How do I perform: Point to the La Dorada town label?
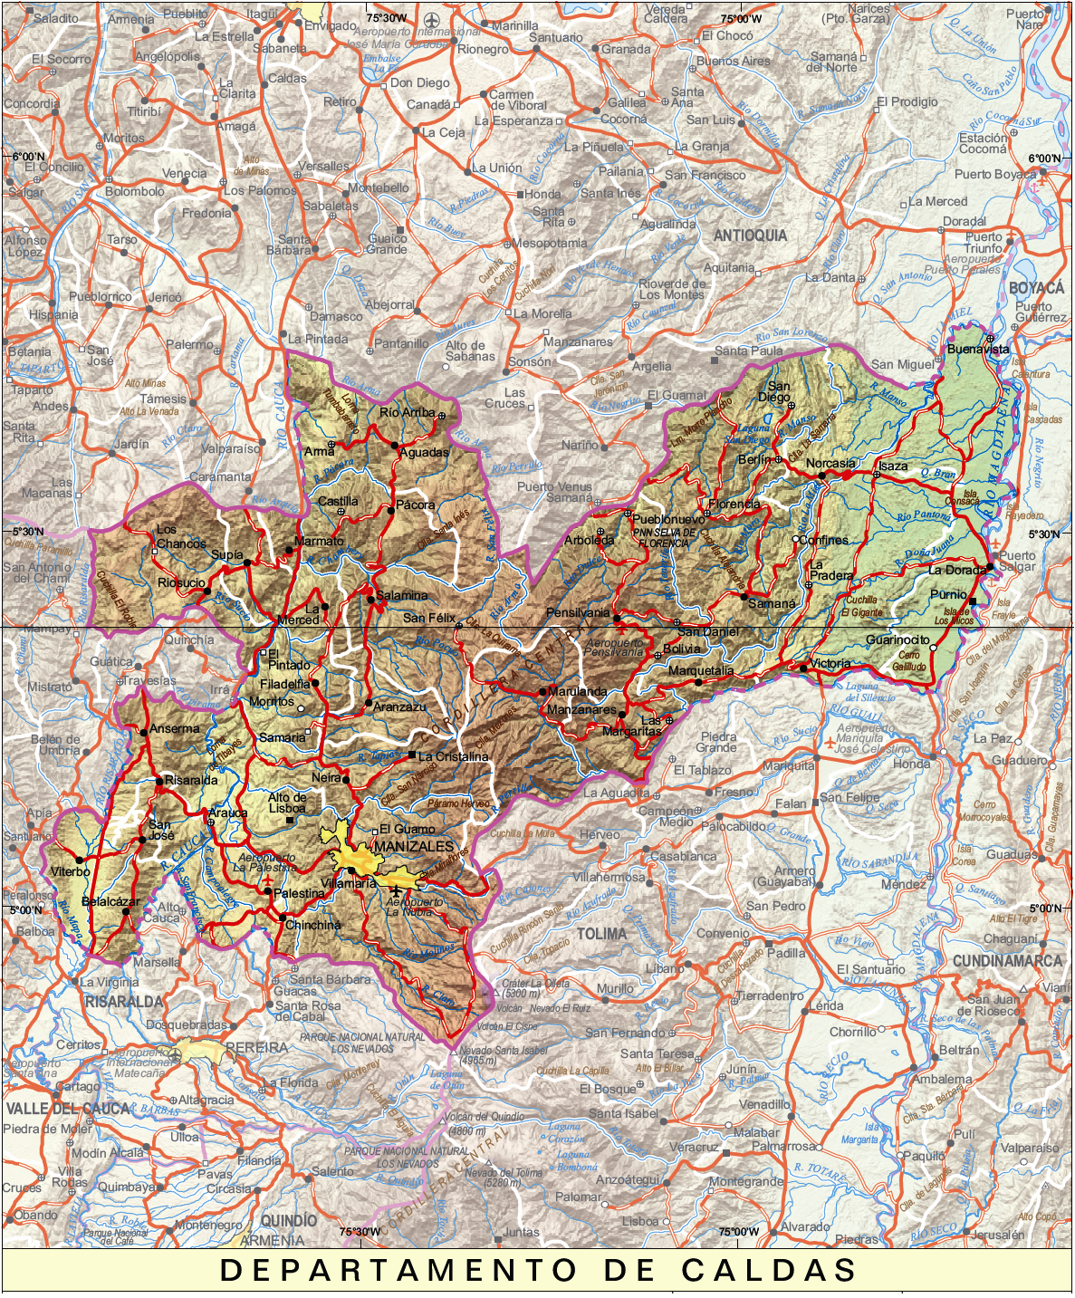(x=956, y=571)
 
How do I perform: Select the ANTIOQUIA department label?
(x=750, y=236)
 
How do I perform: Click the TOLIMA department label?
(x=601, y=934)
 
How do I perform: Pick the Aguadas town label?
(x=424, y=452)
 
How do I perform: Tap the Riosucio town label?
(x=181, y=583)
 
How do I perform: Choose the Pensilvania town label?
(x=578, y=613)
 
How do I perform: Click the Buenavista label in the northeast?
(x=977, y=349)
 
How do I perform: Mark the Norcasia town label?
(x=830, y=463)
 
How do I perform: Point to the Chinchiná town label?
(x=313, y=925)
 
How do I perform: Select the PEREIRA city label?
(x=256, y=1047)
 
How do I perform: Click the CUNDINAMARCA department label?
(x=1006, y=961)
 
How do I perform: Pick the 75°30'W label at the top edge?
(x=386, y=18)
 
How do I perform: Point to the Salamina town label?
(x=402, y=595)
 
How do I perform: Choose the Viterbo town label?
(x=70, y=871)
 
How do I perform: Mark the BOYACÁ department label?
(x=1036, y=288)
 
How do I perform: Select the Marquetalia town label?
(x=701, y=671)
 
